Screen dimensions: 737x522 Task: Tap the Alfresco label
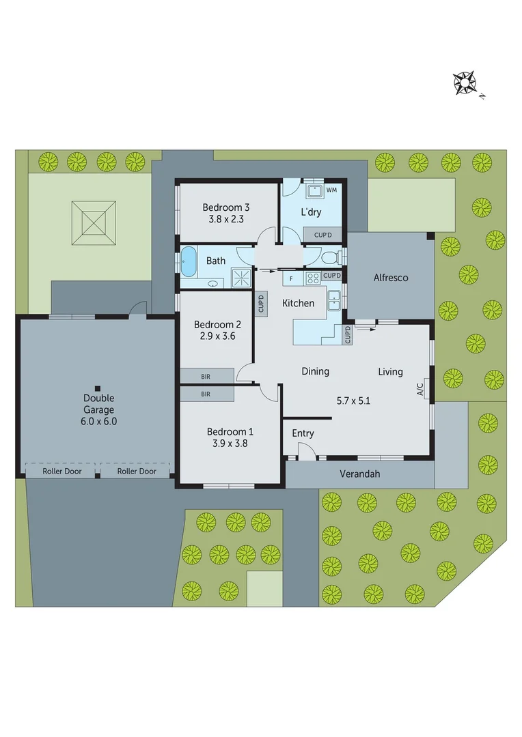391,278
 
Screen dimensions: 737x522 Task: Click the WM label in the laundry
331,189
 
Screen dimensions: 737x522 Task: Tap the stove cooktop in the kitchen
313,278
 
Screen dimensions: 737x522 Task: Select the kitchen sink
334,300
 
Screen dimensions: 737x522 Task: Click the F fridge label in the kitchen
292,279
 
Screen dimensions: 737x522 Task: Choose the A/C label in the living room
420,388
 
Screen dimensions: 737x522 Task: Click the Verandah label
359,474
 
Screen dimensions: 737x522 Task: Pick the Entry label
303,433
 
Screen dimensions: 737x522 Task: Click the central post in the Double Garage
98,385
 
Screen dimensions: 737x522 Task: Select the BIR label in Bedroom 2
206,376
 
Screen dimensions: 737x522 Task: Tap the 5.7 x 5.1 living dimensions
353,401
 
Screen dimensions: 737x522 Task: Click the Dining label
316,371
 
